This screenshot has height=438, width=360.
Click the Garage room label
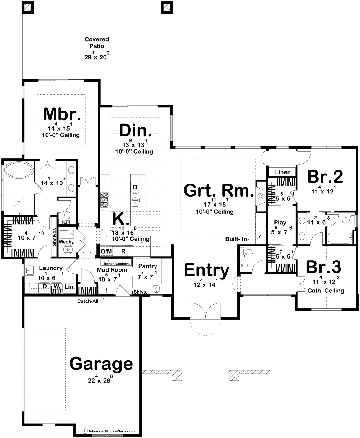(x=101, y=364)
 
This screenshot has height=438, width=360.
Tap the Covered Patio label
(x=97, y=43)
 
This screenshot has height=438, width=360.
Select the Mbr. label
(x=62, y=114)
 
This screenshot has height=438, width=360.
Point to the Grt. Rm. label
(x=218, y=190)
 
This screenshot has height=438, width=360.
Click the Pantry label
(x=148, y=266)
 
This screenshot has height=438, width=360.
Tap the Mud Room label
(x=112, y=270)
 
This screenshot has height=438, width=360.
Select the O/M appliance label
(x=106, y=251)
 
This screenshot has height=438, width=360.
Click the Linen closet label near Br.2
(x=283, y=172)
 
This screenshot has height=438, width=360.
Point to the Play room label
(x=280, y=222)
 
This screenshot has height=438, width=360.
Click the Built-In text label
(x=236, y=239)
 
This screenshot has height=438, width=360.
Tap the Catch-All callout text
(x=88, y=301)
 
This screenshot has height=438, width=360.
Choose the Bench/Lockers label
(x=117, y=264)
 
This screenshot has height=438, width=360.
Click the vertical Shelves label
(x=55, y=237)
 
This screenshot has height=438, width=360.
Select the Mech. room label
(x=66, y=242)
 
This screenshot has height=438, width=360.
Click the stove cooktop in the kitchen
(x=104, y=198)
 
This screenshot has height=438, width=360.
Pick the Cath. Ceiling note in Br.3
(x=326, y=291)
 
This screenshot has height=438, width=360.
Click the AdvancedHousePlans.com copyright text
(x=109, y=431)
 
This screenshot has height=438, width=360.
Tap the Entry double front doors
(x=205, y=310)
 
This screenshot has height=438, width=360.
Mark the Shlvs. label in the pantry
(x=140, y=292)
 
